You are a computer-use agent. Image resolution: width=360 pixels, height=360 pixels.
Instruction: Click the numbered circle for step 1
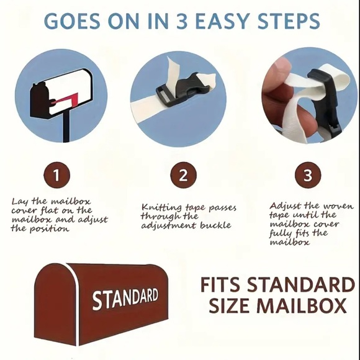pyautogui.click(x=56, y=175)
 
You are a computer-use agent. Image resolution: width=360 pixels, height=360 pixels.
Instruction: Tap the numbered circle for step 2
pyautogui.click(x=183, y=175)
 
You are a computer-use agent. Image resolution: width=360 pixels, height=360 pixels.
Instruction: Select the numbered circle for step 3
pyautogui.click(x=308, y=175)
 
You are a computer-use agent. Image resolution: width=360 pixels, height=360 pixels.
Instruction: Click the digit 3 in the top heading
pyautogui.click(x=182, y=21)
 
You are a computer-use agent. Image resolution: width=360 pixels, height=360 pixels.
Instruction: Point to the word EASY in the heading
pyautogui.click(x=222, y=21)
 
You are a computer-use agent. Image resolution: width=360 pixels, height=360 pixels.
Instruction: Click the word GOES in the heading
pyautogui.click(x=72, y=21)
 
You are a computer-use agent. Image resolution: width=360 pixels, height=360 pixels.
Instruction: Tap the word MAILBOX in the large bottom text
pyautogui.click(x=301, y=305)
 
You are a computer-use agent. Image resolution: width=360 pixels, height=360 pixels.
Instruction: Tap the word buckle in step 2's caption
pyautogui.click(x=215, y=225)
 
